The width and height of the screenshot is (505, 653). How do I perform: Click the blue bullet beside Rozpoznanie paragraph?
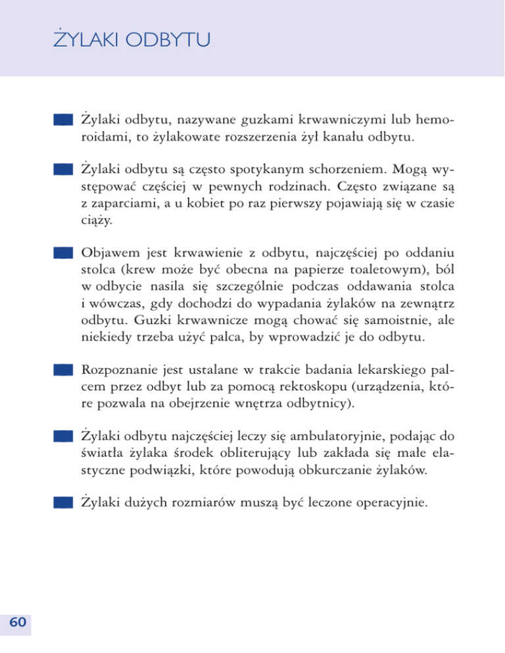[x=62, y=371]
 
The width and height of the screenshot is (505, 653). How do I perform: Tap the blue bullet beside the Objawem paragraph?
[x=62, y=254]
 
